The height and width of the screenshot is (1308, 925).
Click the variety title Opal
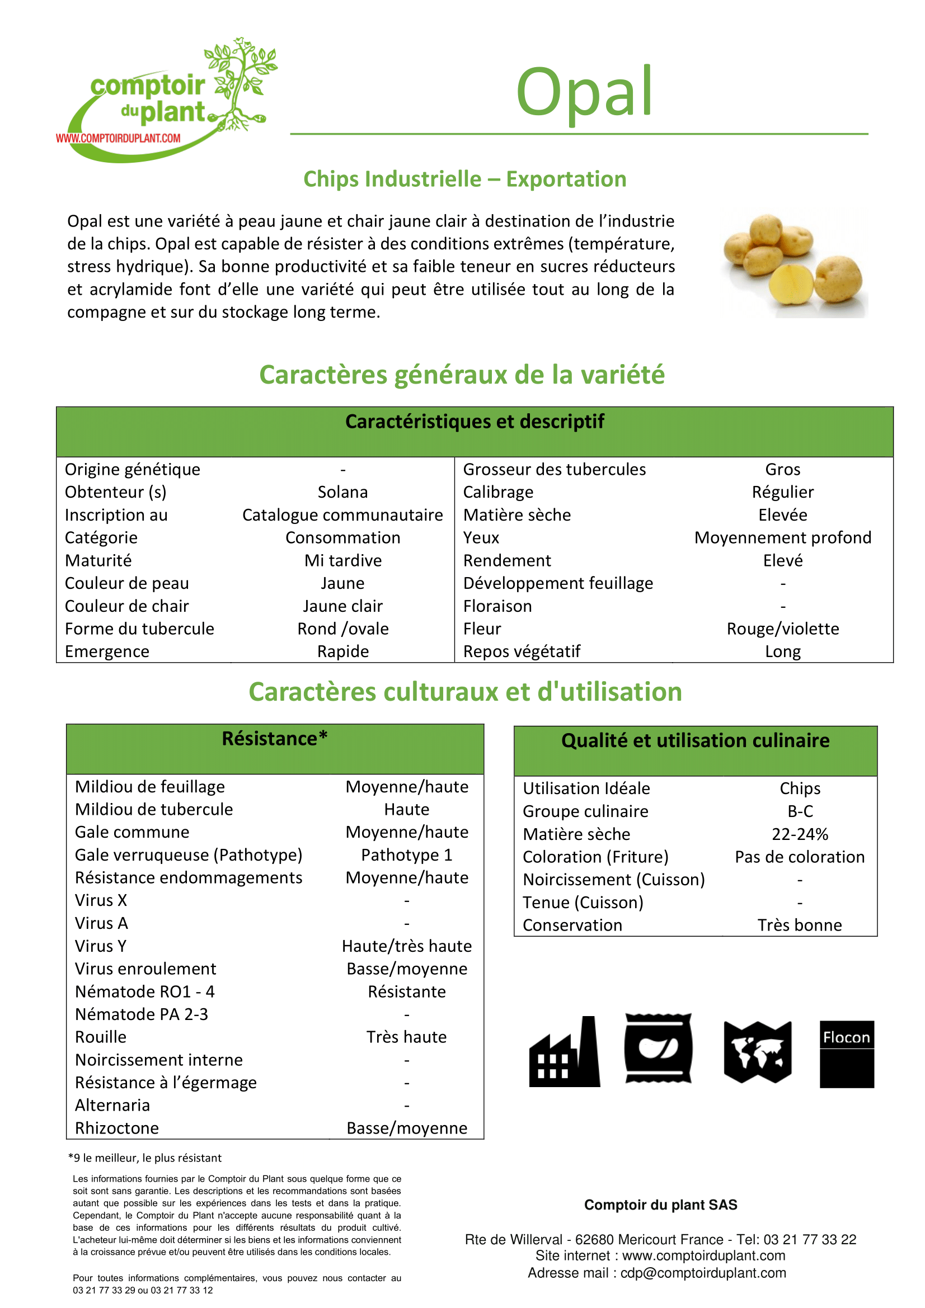coord(584,92)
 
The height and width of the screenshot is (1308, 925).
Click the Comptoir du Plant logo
coord(165,102)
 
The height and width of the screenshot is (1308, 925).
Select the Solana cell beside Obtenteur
coord(342,492)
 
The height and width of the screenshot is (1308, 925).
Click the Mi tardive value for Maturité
coord(342,560)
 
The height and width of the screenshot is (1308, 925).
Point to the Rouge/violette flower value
coord(782,629)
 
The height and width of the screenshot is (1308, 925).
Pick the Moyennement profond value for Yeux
coord(782,538)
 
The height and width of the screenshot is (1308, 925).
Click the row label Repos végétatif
coord(522,651)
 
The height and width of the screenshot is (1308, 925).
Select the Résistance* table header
coord(275,739)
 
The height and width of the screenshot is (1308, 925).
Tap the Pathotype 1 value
coord(406,855)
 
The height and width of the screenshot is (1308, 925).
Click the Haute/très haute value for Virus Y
coord(406,946)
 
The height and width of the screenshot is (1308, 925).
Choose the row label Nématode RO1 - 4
coord(145,992)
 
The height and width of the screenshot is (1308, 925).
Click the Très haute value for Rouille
coord(406,1037)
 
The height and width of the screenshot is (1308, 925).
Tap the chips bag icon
coord(658,1048)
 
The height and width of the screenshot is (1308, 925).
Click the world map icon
coord(758,1052)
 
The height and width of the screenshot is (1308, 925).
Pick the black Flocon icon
coord(846,1054)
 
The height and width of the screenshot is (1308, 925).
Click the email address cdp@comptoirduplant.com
coord(703,1273)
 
